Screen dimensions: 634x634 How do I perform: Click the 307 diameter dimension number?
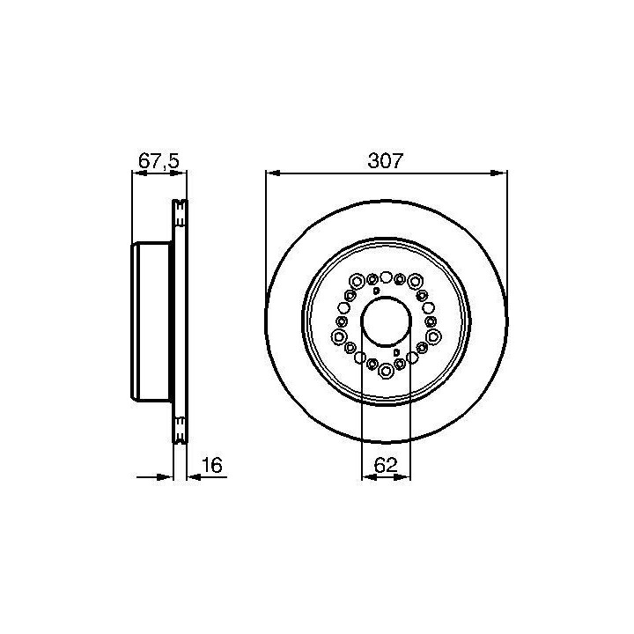pyautogui.click(x=386, y=161)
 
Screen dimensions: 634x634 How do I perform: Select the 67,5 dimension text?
pyautogui.click(x=158, y=161)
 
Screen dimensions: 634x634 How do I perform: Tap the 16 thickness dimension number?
pyautogui.click(x=212, y=465)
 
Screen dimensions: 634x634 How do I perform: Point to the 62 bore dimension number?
pyautogui.click(x=386, y=465)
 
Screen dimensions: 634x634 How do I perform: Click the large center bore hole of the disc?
pyautogui.click(x=386, y=321)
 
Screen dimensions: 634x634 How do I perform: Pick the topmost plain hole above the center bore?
pyautogui.click(x=387, y=277)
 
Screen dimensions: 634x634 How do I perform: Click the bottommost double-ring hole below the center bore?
pyautogui.click(x=387, y=370)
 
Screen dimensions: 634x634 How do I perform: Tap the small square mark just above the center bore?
pyautogui.click(x=377, y=291)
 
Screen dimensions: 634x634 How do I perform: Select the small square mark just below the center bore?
pyautogui.click(x=396, y=352)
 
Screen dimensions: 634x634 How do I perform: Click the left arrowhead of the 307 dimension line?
pyautogui.click(x=273, y=173)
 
